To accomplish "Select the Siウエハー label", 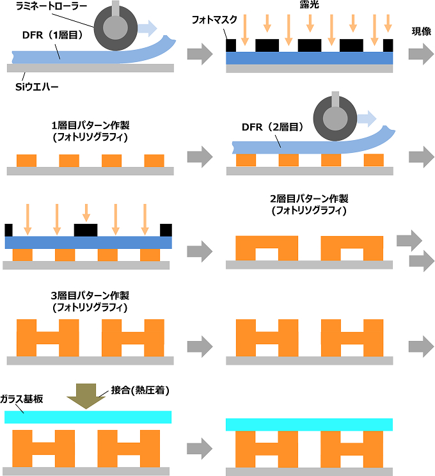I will [x=37, y=86].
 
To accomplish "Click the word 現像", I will [x=422, y=31].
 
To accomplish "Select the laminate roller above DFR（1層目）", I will [x=114, y=27].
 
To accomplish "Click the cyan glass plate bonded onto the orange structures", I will [x=309, y=424].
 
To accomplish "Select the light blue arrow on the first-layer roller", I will [x=146, y=27].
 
